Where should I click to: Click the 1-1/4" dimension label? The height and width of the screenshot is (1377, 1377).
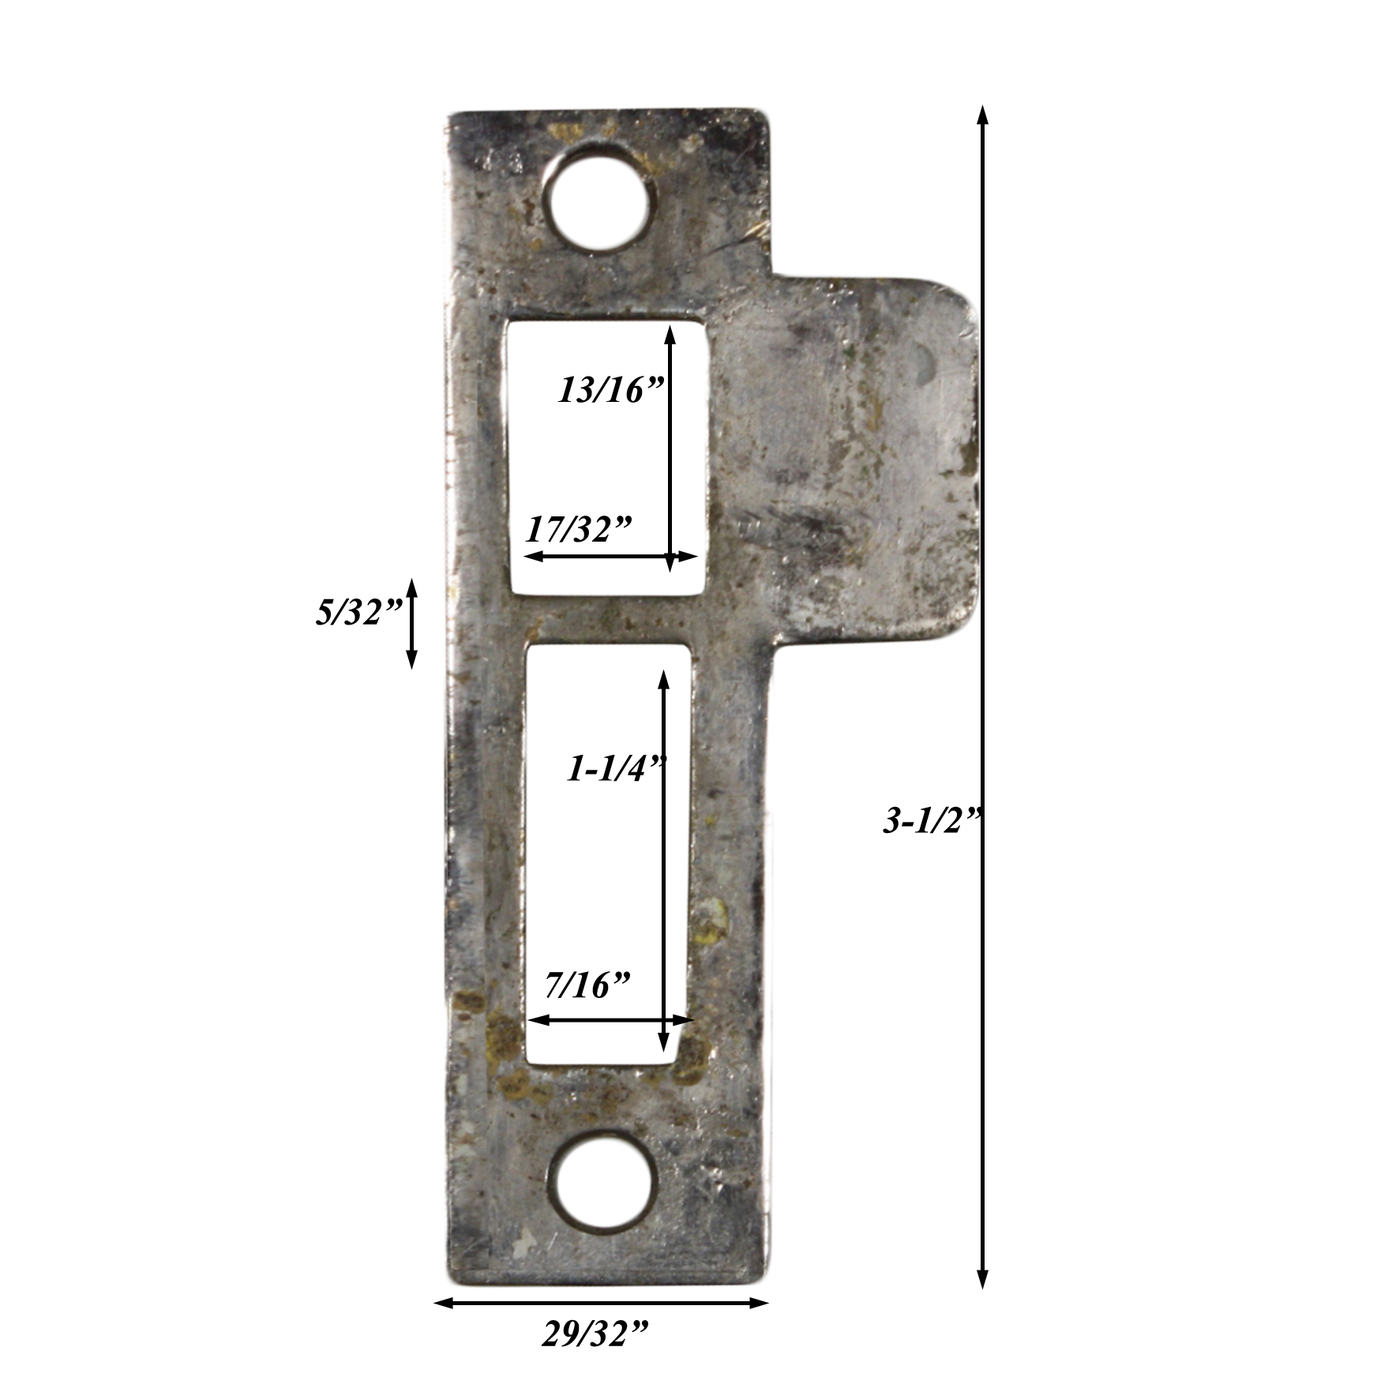click(617, 767)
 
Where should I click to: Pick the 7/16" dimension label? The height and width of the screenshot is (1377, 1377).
click(587, 985)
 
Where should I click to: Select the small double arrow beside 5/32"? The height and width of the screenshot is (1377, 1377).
click(411, 623)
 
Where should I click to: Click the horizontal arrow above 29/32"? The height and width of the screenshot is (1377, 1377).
click(601, 1302)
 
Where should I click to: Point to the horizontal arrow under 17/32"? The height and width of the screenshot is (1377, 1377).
click(610, 557)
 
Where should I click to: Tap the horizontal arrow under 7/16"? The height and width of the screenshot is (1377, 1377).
click(610, 1020)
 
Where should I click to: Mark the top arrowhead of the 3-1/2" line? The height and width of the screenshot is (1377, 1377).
click(982, 117)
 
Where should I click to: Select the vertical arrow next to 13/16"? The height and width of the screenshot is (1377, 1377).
click(670, 448)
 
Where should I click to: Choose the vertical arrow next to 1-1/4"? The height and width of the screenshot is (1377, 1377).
click(663, 861)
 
